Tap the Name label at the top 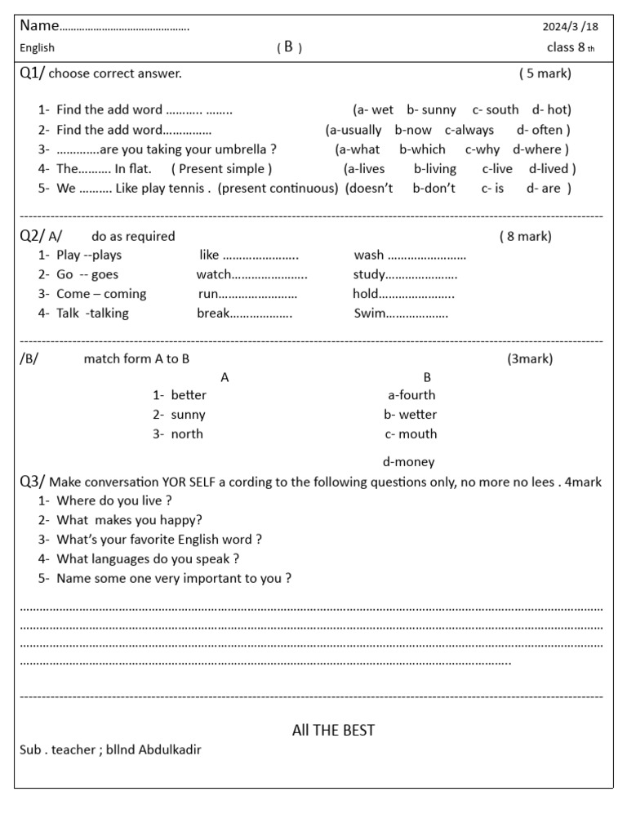(39, 26)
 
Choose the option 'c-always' (469, 130)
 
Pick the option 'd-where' (540, 149)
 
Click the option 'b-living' (434, 169)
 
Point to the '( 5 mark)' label (545, 73)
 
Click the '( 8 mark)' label (525, 237)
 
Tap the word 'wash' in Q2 (369, 255)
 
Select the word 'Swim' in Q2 (369, 313)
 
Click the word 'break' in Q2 (212, 313)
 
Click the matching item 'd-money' (408, 462)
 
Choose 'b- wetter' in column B (410, 415)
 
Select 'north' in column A (187, 434)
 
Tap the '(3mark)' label (529, 358)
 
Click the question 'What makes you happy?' (129, 520)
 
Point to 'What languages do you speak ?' (148, 559)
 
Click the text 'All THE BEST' (333, 730)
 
